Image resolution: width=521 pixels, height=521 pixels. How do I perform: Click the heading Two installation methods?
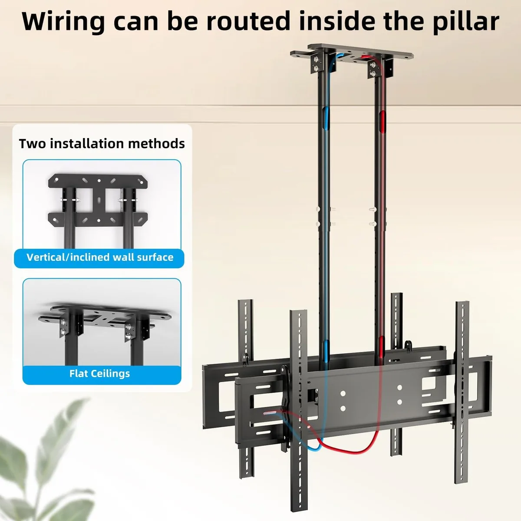pos(102,144)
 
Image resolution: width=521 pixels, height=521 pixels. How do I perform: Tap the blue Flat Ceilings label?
pos(100,374)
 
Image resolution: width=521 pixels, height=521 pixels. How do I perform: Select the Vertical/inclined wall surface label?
pos(100,257)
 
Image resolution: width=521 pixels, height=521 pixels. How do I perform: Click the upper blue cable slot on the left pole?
pos(326,119)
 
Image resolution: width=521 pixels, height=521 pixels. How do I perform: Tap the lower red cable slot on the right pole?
pos(381,347)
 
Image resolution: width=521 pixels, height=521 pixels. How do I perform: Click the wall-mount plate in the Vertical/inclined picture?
pos(98,200)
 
